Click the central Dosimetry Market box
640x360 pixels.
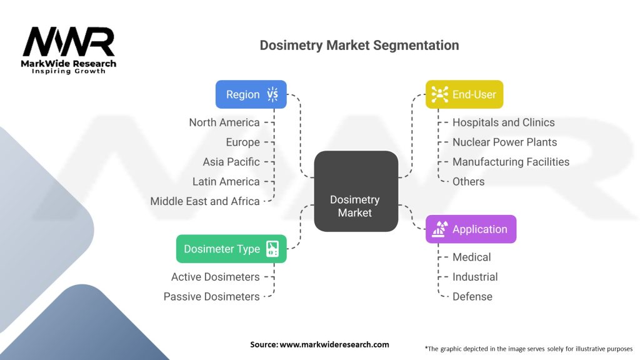355,191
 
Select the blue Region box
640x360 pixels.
251,94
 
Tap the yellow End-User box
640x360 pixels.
464,94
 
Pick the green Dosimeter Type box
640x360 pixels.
231,249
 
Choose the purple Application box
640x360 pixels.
471,229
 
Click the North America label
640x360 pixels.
224,122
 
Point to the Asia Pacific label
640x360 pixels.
231,162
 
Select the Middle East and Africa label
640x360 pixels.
205,201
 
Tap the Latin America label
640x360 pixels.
226,181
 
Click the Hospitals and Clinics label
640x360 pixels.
503,122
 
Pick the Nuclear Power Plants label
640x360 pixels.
504,142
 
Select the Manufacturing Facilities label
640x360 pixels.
511,162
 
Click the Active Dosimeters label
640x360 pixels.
216,277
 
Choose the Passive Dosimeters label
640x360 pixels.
212,297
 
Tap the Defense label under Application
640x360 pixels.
472,297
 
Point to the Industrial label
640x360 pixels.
475,277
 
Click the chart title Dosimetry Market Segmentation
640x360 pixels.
359,46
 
